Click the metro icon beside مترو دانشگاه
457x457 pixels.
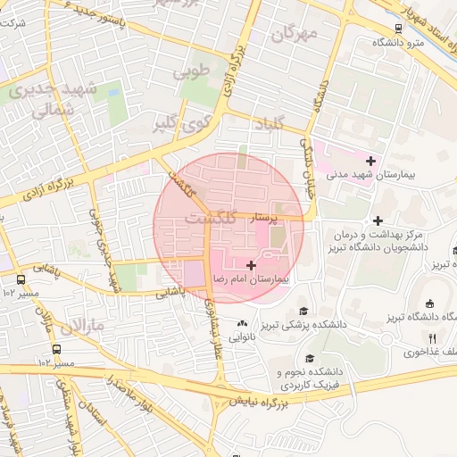(398, 27)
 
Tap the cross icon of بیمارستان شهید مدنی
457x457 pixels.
(370, 160)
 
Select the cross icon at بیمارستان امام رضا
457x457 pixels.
(251, 265)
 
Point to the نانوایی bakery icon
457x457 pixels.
(243, 323)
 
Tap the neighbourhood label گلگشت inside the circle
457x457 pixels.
(209, 218)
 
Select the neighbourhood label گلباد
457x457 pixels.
(271, 125)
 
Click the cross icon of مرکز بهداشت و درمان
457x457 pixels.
(378, 220)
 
